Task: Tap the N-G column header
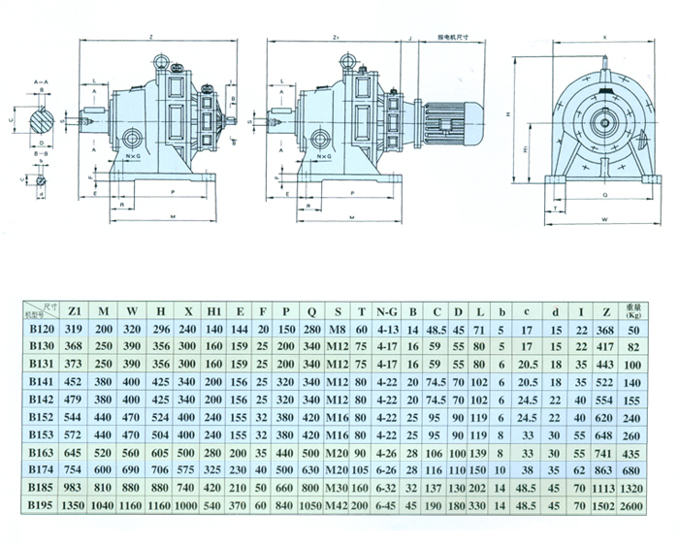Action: pyautogui.click(x=387, y=310)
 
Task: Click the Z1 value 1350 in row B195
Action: pyautogui.click(x=75, y=505)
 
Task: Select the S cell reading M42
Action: pyautogui.click(x=337, y=505)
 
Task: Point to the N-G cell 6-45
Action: pyautogui.click(x=387, y=505)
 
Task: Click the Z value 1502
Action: pyautogui.click(x=605, y=505)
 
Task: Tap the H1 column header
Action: pyautogui.click(x=214, y=310)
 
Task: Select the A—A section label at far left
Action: pyautogui.click(x=40, y=83)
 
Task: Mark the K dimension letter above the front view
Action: pyautogui.click(x=602, y=35)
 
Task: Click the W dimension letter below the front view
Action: pyautogui.click(x=602, y=220)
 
